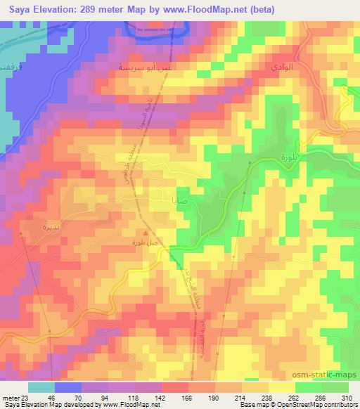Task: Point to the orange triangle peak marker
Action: point(146,233)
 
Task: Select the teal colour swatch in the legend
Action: point(41,387)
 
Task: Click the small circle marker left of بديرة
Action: point(22,233)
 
